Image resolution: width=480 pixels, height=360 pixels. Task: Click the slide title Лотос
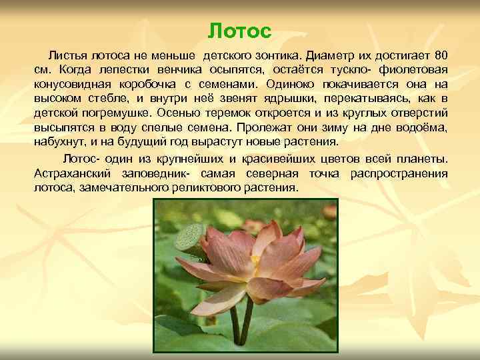tap(240, 31)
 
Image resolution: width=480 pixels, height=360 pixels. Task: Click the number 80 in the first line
tap(441, 54)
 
